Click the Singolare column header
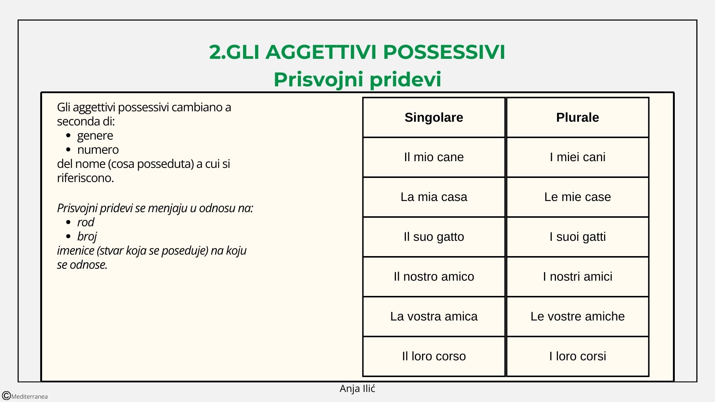tap(434, 118)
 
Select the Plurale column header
tap(578, 118)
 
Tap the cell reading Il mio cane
tap(434, 157)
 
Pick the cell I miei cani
tap(578, 157)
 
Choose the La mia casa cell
tap(434, 197)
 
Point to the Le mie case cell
tap(578, 197)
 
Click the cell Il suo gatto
tap(434, 237)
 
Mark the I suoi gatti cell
tap(578, 237)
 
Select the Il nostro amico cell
tap(434, 277)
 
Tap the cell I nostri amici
tap(578, 277)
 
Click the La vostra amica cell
tap(434, 316)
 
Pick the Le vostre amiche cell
tap(578, 316)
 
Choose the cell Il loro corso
tap(434, 356)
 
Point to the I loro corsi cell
tap(578, 356)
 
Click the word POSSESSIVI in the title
tap(444, 52)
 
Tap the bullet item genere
tap(95, 136)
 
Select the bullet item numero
tap(98, 150)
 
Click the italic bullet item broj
tap(87, 236)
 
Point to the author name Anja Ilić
tap(357, 389)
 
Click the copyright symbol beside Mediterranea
tap(6, 396)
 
